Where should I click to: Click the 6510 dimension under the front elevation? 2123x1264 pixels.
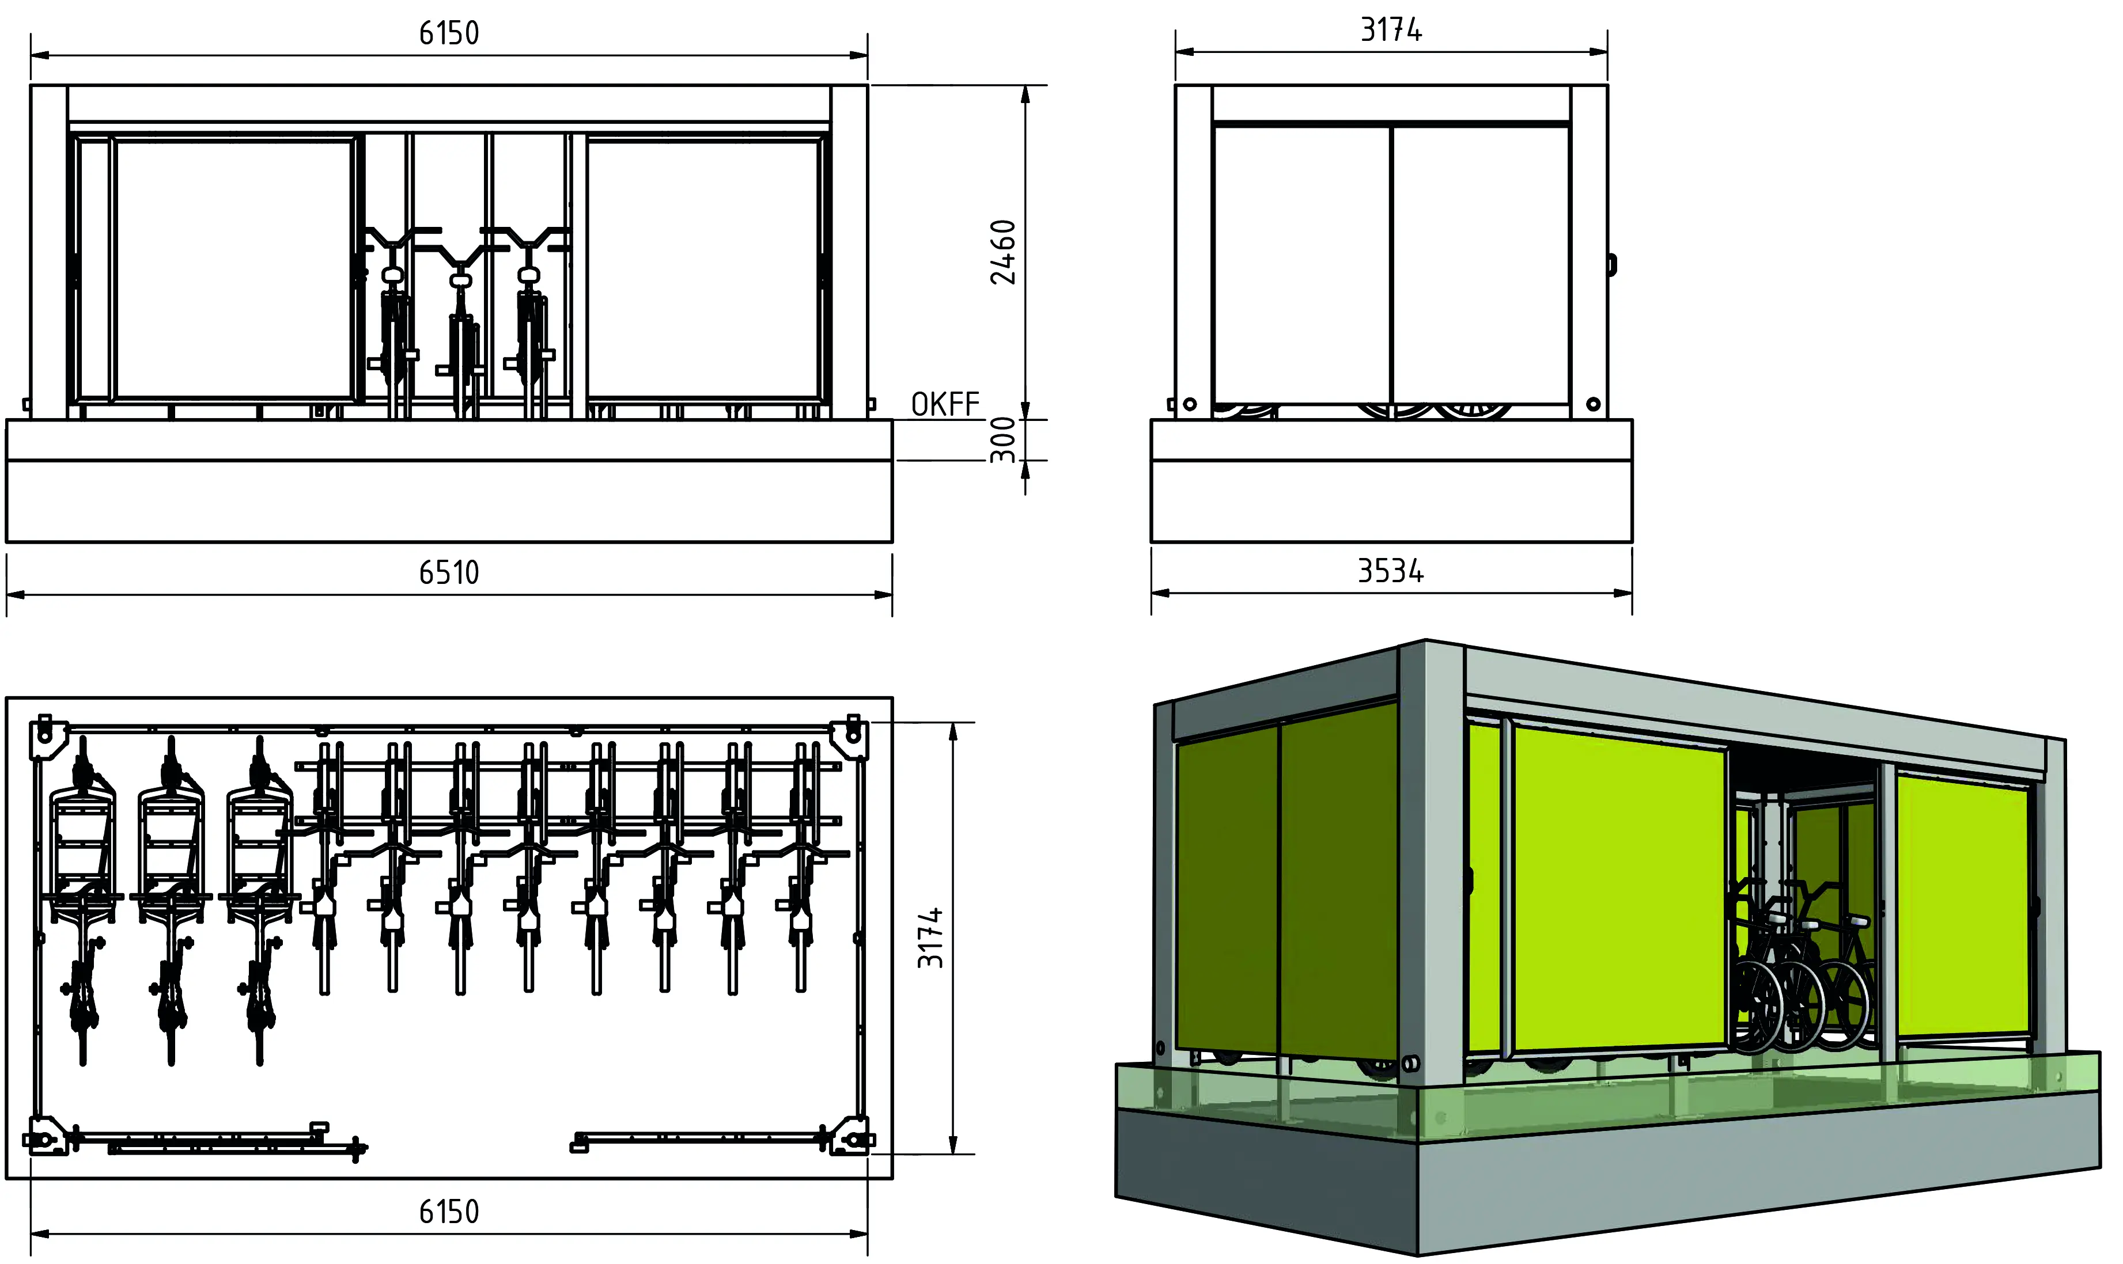point(449,572)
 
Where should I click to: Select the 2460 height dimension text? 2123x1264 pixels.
point(1004,252)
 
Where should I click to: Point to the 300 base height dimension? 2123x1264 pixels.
point(1004,439)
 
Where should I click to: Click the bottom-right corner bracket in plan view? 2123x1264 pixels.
point(852,1137)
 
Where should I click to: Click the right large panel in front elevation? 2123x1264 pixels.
point(703,268)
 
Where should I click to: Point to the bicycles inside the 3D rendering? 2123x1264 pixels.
point(1802,980)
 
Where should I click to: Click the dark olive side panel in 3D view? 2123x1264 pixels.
point(1286,886)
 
